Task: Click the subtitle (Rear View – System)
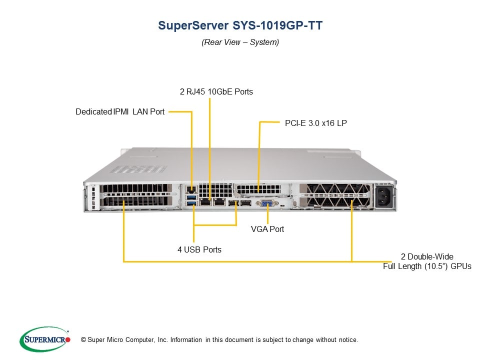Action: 240,42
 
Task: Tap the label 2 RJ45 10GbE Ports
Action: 216,91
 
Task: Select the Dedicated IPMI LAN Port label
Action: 120,111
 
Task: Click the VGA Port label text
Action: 267,229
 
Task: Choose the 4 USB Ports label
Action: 199,249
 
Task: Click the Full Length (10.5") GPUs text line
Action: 427,266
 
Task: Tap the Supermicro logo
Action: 44,339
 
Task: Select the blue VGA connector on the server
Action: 265,203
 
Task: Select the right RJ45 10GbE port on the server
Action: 218,202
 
